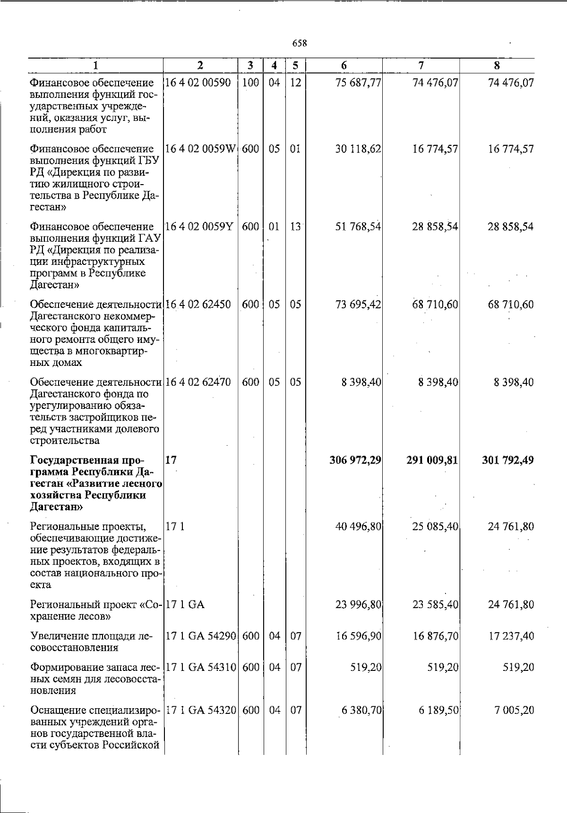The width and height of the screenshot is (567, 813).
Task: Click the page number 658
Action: click(x=300, y=43)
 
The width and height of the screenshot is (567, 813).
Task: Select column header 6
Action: click(x=344, y=66)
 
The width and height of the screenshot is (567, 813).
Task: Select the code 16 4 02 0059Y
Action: click(x=199, y=227)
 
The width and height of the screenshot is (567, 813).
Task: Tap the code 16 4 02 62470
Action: click(x=198, y=382)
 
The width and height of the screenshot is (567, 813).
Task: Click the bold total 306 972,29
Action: click(x=355, y=460)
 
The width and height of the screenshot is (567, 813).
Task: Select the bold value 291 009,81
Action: click(x=432, y=460)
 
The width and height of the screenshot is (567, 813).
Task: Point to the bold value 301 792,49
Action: click(x=508, y=460)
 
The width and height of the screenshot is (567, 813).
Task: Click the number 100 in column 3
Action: click(x=250, y=83)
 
